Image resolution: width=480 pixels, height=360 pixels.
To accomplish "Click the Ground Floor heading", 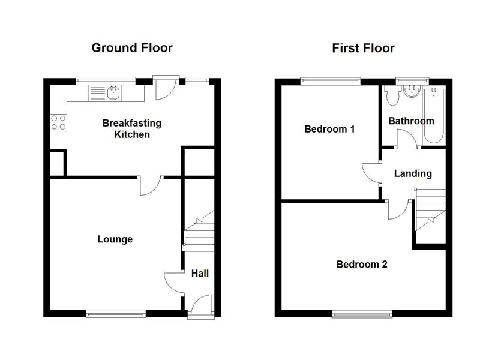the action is point(132,48).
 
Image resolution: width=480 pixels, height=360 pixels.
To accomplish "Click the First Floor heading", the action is point(364,48).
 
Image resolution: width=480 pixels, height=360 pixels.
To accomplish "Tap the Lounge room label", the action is point(115,239).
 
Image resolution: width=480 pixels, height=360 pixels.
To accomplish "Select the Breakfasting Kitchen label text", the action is point(132,128).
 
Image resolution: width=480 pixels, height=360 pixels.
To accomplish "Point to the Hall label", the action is point(200,273).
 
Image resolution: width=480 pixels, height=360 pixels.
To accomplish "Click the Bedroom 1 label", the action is point(329,129).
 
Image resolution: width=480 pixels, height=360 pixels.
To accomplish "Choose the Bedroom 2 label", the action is point(362,264).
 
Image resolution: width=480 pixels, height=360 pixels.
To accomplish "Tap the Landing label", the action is point(413,173).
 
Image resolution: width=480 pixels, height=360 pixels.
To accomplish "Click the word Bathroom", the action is point(411,121).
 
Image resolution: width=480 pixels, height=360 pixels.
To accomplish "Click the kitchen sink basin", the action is point(113,93).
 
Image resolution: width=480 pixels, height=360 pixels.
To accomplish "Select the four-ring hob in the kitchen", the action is point(58,122).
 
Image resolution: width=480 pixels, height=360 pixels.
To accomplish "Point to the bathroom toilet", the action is point(392,96).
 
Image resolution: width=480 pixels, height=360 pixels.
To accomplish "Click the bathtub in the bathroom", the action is point(433,115).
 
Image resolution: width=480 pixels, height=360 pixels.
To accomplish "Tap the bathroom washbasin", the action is point(412,92).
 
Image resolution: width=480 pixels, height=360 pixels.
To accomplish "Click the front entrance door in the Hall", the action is point(200,305).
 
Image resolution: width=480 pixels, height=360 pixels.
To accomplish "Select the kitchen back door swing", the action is point(166,89).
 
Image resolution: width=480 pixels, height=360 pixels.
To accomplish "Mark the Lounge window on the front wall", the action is point(116,313).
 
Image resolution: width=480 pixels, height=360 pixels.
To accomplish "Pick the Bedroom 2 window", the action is point(362,314).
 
